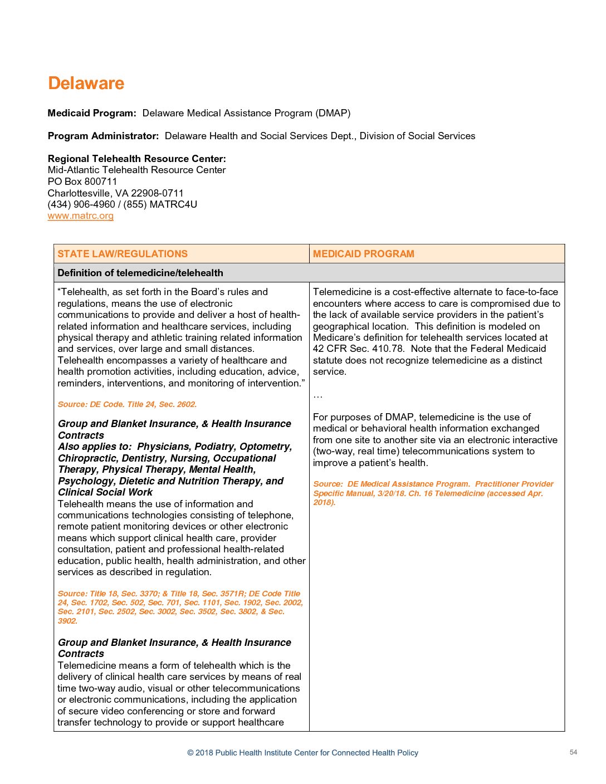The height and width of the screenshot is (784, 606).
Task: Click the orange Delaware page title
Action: [x=86, y=84]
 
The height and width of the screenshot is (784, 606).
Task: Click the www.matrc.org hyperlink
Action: [x=81, y=216]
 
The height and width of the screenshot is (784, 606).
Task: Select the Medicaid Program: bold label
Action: [x=92, y=114]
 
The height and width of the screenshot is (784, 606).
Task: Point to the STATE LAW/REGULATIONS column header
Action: [x=123, y=254]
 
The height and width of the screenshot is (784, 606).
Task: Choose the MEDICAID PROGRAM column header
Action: [x=364, y=254]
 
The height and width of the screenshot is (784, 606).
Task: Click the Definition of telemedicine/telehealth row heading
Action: [x=140, y=273]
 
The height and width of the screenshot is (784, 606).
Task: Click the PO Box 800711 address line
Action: [x=82, y=182]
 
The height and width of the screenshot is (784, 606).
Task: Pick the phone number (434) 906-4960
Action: [x=81, y=204]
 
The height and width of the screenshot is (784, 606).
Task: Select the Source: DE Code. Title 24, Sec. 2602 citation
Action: [x=127, y=405]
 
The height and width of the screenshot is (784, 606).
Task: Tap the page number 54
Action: [x=574, y=752]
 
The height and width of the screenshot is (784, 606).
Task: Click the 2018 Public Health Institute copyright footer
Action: [x=302, y=753]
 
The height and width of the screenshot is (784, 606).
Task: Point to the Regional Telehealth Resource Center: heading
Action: [x=137, y=159]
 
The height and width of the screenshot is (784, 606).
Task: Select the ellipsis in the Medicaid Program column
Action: [x=317, y=396]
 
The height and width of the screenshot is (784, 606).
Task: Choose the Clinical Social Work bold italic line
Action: [x=105, y=493]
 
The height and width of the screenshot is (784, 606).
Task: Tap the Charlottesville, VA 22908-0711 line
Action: [x=115, y=193]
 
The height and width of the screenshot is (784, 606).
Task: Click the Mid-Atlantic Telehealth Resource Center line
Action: [x=137, y=170]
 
